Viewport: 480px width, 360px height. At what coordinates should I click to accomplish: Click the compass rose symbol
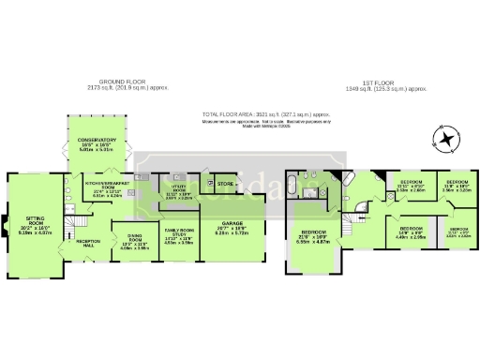point(446,141)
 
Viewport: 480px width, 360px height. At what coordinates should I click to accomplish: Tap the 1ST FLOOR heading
point(388,82)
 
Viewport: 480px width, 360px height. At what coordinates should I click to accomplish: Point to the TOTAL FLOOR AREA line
point(267,114)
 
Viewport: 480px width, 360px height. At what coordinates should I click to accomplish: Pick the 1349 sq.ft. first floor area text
point(388,89)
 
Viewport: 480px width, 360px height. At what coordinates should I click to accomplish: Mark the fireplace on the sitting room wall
point(7,226)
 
